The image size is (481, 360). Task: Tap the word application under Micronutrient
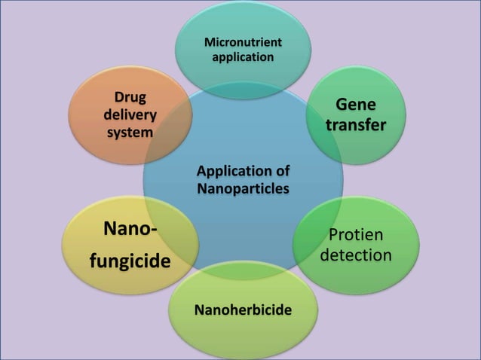click(242, 56)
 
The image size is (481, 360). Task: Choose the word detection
click(356, 255)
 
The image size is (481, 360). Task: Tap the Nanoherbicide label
click(243, 310)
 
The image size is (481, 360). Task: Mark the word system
click(130, 132)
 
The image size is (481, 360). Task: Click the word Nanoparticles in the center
click(243, 188)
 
